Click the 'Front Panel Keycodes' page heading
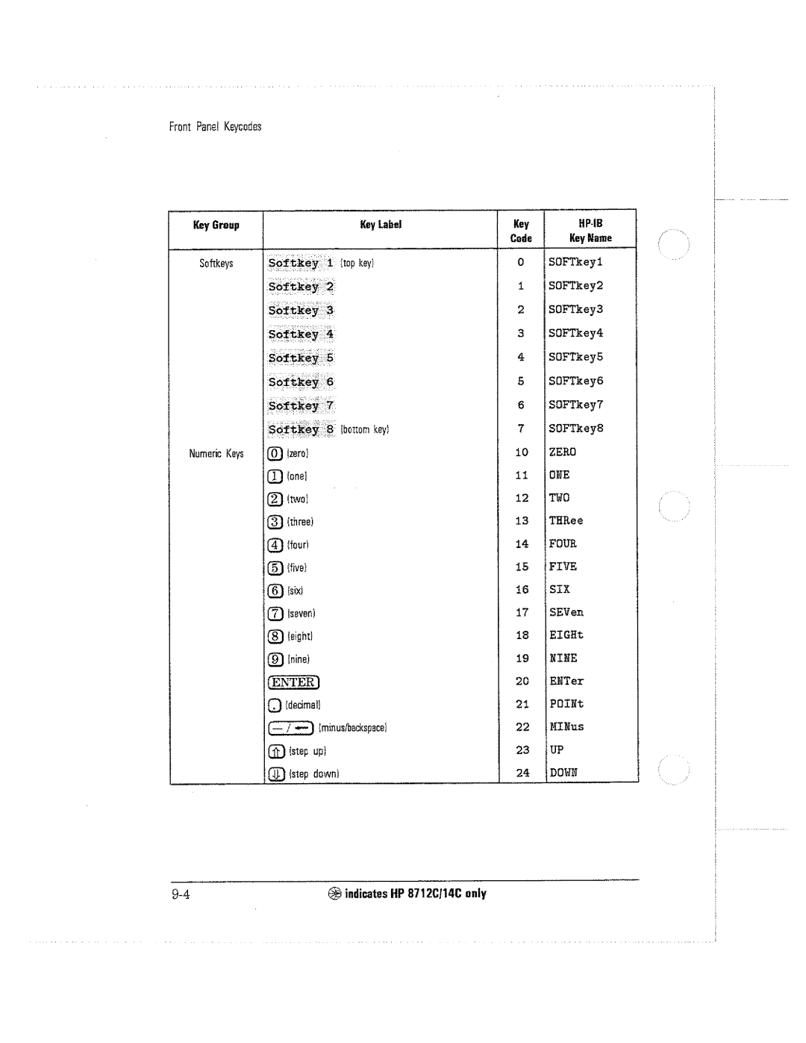pyautogui.click(x=215, y=127)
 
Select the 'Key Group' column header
pyautogui.click(x=216, y=225)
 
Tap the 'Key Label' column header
pyautogui.click(x=381, y=224)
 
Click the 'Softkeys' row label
pyautogui.click(x=216, y=264)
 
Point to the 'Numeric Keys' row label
pyautogui.click(x=216, y=453)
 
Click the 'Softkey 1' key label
pyautogui.click(x=300, y=263)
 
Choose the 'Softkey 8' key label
pyautogui.click(x=301, y=429)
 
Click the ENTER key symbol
pyautogui.click(x=293, y=682)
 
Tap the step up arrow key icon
pyautogui.click(x=275, y=751)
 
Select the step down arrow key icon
pyautogui.click(x=275, y=774)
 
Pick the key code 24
pyautogui.click(x=522, y=773)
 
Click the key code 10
pyautogui.click(x=521, y=452)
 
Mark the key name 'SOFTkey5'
pyautogui.click(x=575, y=357)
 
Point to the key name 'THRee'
pyautogui.click(x=566, y=520)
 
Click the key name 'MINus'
pyautogui.click(x=566, y=726)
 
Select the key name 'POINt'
pyautogui.click(x=566, y=703)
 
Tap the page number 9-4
pyautogui.click(x=181, y=894)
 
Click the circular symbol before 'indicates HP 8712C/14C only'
pyautogui.click(x=334, y=894)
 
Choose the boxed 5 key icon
pyautogui.click(x=275, y=567)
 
